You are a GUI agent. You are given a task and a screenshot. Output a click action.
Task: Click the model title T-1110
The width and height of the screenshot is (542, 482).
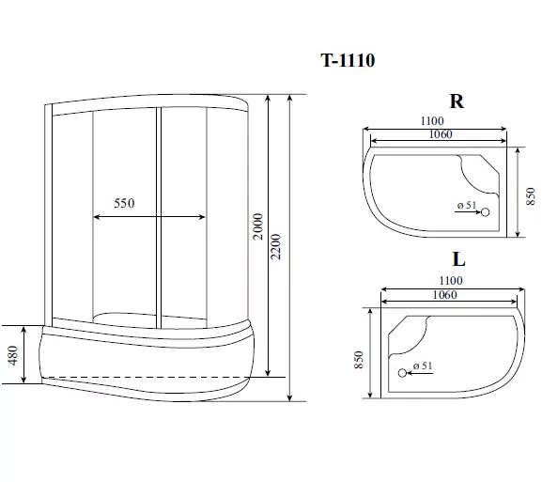[x=348, y=60]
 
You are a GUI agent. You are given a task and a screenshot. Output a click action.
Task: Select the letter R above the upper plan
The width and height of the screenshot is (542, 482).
[x=457, y=101]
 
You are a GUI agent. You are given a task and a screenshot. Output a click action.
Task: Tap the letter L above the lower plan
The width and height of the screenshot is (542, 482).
[x=458, y=259]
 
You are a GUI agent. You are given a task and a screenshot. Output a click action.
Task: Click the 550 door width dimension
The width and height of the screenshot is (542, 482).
[x=124, y=203]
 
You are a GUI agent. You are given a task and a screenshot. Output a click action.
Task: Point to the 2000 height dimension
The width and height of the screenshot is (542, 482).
[x=258, y=226]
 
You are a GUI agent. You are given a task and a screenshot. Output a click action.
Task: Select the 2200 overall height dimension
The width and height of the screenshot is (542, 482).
[x=276, y=247]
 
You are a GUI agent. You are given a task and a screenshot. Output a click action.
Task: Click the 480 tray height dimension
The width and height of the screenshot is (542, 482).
[x=13, y=355]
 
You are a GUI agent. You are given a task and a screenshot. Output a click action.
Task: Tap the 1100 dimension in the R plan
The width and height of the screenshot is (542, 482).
[x=432, y=121]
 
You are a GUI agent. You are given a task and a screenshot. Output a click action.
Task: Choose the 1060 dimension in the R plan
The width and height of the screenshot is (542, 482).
[x=441, y=134]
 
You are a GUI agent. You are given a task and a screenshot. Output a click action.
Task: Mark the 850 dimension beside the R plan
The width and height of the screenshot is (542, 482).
[x=531, y=196]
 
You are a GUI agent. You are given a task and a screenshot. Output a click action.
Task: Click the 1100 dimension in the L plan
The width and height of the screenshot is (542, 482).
[x=451, y=280]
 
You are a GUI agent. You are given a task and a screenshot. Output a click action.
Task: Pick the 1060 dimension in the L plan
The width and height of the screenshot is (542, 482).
[x=445, y=295]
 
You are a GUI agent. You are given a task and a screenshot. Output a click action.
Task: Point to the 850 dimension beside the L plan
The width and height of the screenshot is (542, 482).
[x=359, y=360]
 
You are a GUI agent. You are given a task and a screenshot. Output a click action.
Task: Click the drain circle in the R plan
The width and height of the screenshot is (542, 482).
[x=486, y=212]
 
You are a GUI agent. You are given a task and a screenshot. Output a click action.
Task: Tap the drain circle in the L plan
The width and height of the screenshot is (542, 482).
[x=402, y=373]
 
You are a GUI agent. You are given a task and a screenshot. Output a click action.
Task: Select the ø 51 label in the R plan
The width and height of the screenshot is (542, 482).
[x=467, y=205]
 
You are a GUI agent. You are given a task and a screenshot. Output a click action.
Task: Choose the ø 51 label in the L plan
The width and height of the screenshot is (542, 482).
[x=423, y=365]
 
